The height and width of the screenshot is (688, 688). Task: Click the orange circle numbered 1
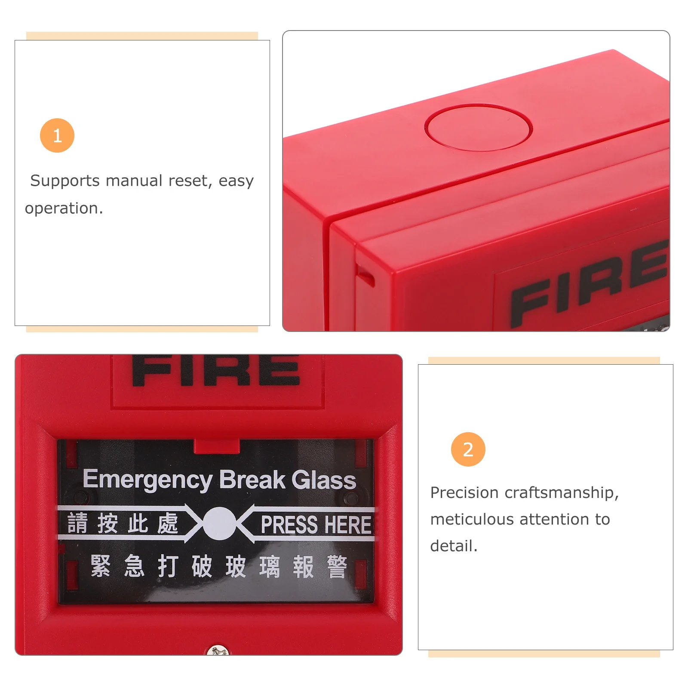coord(57,135)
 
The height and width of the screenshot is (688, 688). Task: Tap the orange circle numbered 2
coord(468,449)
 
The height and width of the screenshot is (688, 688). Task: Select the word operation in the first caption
coord(63,209)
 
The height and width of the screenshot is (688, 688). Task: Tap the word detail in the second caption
coord(453,546)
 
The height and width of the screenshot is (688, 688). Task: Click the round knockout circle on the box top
coord(478,127)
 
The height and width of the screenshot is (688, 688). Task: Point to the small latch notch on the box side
coord(365,275)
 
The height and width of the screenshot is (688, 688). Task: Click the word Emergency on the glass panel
coord(147,479)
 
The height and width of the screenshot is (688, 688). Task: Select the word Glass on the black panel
coord(323,480)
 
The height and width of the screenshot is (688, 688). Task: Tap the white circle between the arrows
coord(219,523)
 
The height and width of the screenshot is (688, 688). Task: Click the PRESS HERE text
coord(316,525)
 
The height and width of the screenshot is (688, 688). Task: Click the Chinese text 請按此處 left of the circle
coord(123,523)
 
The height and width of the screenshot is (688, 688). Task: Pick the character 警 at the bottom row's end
coord(337,567)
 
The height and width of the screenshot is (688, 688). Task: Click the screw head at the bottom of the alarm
coord(218,651)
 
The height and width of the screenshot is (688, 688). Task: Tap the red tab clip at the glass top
coord(217,446)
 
